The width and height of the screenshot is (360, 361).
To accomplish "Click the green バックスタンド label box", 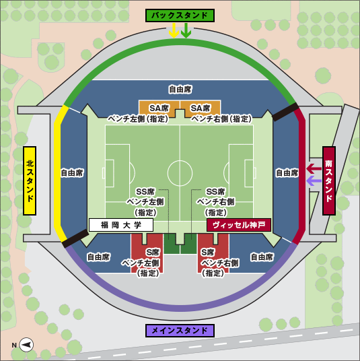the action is coord(180,15).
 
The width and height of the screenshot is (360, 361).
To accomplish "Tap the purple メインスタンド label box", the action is coord(180,331).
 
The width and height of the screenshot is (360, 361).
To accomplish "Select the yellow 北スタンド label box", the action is coord(30,180).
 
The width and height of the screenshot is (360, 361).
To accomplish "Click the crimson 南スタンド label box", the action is coord(329,180).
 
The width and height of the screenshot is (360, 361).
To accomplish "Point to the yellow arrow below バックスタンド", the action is coord(174,30).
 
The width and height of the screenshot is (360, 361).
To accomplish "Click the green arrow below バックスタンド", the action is coord(186,30).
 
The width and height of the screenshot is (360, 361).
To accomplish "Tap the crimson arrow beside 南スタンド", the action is coord(314,169).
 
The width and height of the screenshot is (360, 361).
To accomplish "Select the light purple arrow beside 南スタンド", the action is coord(314,180).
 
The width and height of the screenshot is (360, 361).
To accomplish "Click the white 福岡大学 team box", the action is coord(121,225).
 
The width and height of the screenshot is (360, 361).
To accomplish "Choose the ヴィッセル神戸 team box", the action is coord(239,225).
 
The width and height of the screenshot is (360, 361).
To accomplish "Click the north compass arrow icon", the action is coord(26,345).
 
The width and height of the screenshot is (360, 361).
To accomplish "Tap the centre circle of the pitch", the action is coord(180,173).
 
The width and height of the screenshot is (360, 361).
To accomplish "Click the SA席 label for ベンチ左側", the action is coord(159,108).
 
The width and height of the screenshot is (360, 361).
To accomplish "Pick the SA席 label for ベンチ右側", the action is coord(200,108).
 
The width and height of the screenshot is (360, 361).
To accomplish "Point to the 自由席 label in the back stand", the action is coord(180,90).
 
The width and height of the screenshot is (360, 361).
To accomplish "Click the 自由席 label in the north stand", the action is coord(72,172).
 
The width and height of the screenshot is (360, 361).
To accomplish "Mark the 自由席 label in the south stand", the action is coord(287,172).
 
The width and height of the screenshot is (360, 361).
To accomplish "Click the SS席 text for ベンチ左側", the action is coord(145,191).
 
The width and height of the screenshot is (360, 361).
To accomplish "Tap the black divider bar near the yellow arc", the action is coord(75,238).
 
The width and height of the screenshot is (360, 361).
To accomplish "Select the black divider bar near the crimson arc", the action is coord(285,112).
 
